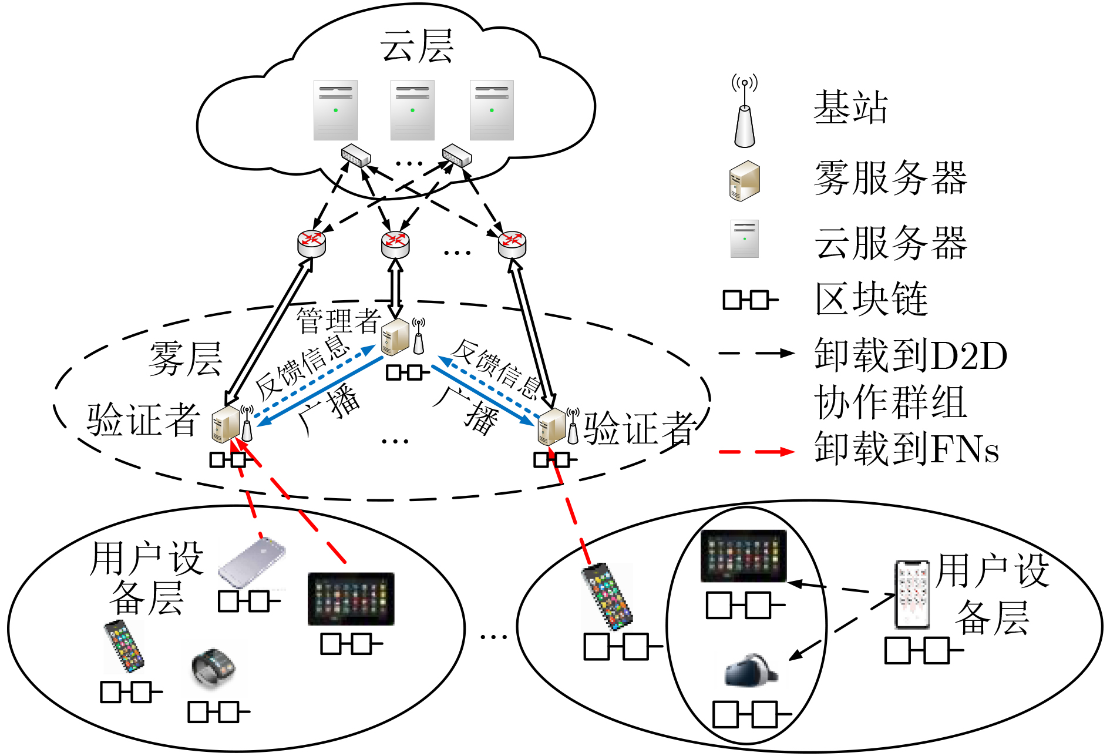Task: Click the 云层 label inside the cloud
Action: pyautogui.click(x=416, y=47)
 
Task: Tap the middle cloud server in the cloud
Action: pyautogui.click(x=412, y=110)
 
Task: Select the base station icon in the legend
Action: pyautogui.click(x=744, y=112)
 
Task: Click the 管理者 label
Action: pyautogui.click(x=338, y=321)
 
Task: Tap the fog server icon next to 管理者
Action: pyautogui.click(x=395, y=337)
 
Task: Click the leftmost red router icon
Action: pyautogui.click(x=311, y=243)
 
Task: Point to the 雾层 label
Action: pyautogui.click(x=185, y=358)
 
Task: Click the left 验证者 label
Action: pyautogui.click(x=143, y=420)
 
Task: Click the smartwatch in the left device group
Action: pyautogui.click(x=213, y=668)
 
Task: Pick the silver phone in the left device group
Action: pyautogui.click(x=252, y=562)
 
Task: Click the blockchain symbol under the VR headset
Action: pyautogui.click(x=751, y=714)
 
